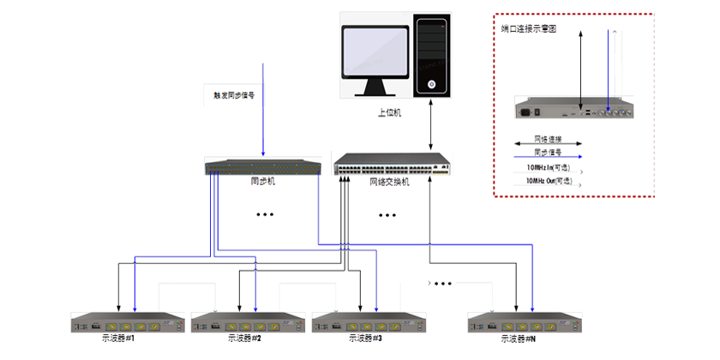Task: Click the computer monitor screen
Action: (x=375, y=53)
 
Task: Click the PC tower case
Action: (x=432, y=57)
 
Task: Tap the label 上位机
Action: (x=390, y=111)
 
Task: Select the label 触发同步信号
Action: (x=234, y=95)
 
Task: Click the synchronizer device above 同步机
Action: (x=262, y=167)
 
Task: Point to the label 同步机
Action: (x=262, y=182)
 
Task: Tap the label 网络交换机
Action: (x=390, y=182)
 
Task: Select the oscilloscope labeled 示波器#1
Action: (x=128, y=323)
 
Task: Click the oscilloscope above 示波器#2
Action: (x=248, y=323)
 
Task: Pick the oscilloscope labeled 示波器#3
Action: (x=369, y=323)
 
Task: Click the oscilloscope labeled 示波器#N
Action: (x=525, y=323)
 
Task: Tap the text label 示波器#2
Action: (x=245, y=339)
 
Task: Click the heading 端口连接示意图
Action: (x=530, y=29)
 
